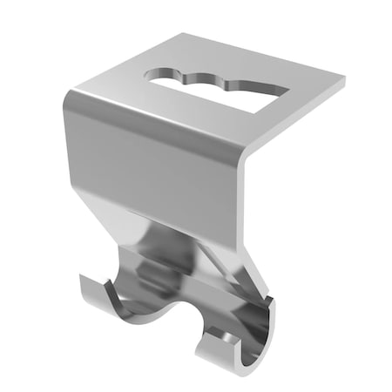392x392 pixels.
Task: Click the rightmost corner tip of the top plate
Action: pos(344,82)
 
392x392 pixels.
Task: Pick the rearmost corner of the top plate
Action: pos(186,35)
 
